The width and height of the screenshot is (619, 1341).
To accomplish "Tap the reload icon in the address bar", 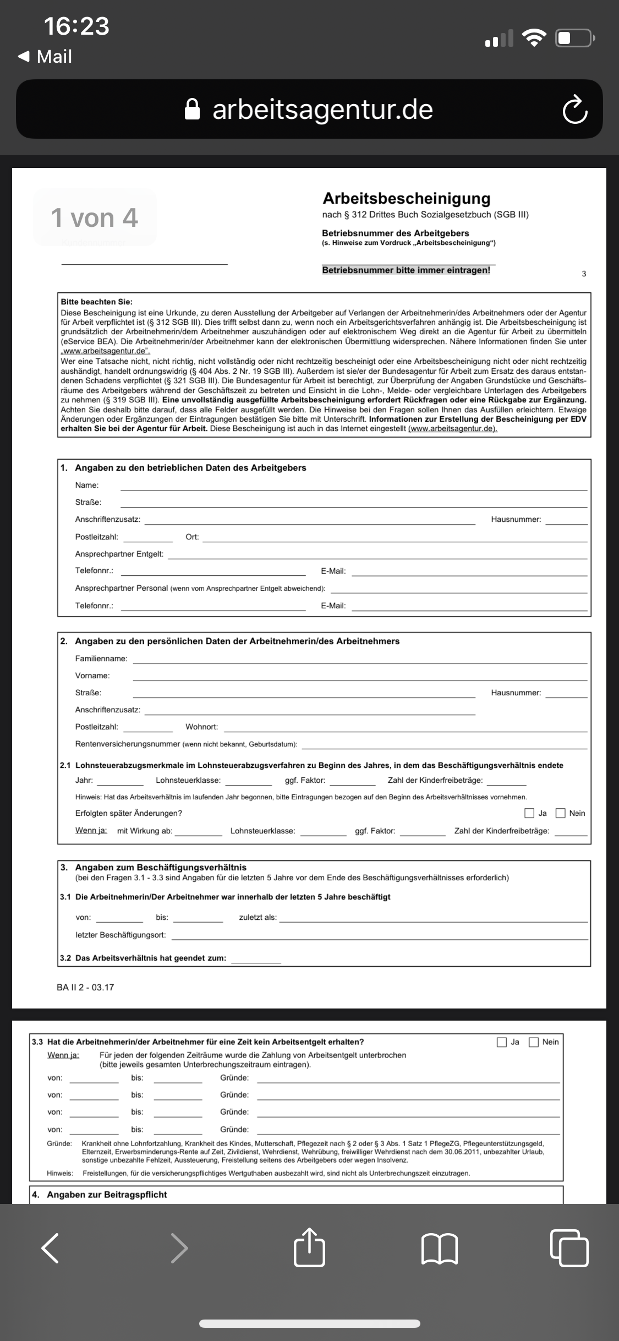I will [x=575, y=109].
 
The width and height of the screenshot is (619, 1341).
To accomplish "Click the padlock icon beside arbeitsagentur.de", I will [x=192, y=109].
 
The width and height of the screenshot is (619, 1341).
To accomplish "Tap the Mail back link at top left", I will [x=46, y=56].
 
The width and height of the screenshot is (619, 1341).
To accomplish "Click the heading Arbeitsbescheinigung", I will [x=406, y=198].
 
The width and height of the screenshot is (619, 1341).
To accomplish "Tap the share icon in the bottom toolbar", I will [x=309, y=1247].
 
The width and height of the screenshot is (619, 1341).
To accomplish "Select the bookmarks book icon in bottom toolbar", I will [x=439, y=1247].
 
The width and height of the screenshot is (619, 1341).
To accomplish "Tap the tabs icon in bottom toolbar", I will [x=569, y=1247].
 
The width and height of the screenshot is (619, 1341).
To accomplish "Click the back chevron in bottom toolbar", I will [x=50, y=1247].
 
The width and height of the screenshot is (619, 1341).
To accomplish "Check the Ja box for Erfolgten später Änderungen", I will [x=529, y=813].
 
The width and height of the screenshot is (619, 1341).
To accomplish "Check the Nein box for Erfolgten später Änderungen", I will [x=561, y=813].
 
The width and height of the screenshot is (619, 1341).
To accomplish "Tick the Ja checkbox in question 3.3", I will [x=502, y=1042].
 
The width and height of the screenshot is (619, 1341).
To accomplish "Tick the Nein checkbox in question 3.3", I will [x=534, y=1042].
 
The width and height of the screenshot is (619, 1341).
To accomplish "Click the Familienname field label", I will [x=101, y=659].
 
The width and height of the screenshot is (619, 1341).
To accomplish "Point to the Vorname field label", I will [x=92, y=676].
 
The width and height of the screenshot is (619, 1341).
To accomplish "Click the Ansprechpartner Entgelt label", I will [x=119, y=554].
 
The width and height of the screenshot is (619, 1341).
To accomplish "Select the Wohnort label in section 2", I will [x=201, y=727].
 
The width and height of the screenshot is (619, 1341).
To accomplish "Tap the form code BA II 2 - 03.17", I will [x=85, y=988].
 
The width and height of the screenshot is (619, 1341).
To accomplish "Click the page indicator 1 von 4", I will [x=95, y=217].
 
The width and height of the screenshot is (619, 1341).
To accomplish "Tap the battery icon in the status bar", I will [x=574, y=39].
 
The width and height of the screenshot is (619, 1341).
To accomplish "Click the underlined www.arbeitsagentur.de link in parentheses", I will [x=452, y=429].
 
